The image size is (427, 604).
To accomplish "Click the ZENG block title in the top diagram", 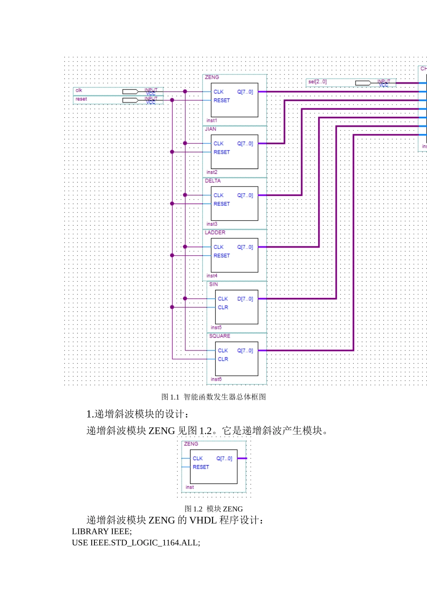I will [212, 77].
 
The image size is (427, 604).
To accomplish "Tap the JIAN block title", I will [210, 129].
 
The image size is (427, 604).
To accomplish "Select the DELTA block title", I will [213, 181].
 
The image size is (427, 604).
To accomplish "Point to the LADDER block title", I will [215, 232].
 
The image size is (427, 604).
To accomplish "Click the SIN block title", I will [213, 284].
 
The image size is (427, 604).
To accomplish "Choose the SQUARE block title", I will [219, 336].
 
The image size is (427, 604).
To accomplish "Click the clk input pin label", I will [79, 90].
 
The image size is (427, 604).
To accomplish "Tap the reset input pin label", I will [81, 99].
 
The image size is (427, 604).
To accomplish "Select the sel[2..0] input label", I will [317, 82].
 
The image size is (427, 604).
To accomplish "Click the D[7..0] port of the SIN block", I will [245, 299].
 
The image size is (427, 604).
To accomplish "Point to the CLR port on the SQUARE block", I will [223, 359].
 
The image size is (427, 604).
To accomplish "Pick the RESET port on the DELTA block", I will [222, 204].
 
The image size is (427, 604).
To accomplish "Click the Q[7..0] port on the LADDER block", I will [245, 247].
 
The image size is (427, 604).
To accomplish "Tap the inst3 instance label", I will [212, 224].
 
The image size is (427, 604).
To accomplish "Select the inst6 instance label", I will [216, 379].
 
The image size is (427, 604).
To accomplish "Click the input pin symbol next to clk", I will [130, 92].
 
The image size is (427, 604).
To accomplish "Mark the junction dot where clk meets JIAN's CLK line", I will [185, 143].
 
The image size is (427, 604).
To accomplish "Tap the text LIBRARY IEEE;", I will [102, 531].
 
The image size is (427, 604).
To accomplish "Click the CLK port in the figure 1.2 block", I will [198, 458].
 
